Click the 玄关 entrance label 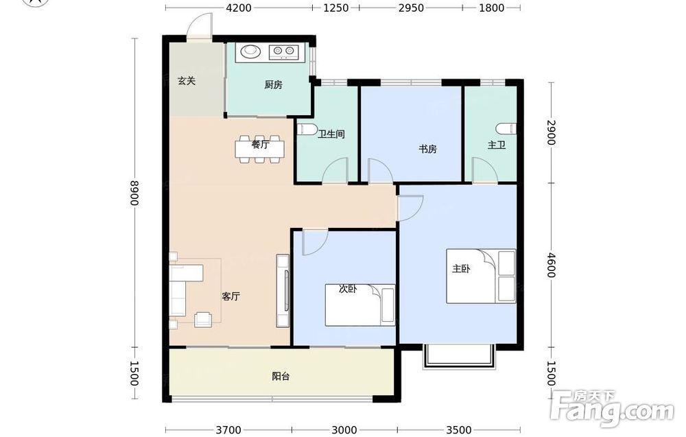(187, 81)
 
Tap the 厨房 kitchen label (274, 85)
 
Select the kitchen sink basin (250, 51)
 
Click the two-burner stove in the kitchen (283, 52)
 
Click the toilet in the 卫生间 (307, 130)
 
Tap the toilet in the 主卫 (507, 128)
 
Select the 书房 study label (427, 149)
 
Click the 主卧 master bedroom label (461, 269)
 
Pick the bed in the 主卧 (481, 276)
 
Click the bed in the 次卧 (360, 305)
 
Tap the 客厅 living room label (230, 296)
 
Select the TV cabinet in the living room (283, 291)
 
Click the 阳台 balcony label (281, 376)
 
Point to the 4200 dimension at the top (239, 8)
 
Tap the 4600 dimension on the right (551, 265)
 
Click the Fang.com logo (612, 408)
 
